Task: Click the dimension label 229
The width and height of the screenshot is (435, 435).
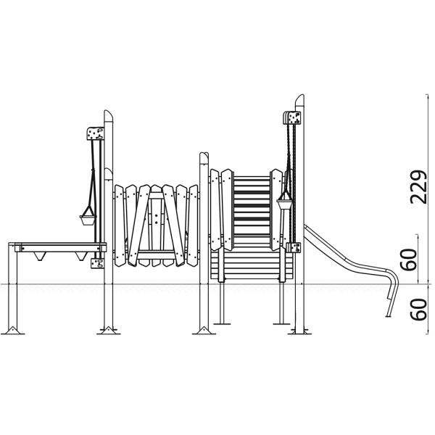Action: click(x=418, y=187)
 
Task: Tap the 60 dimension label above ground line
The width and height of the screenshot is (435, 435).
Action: click(x=410, y=260)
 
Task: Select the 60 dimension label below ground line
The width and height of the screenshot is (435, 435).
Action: click(x=418, y=310)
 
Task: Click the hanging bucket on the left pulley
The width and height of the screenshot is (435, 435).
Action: click(x=88, y=220)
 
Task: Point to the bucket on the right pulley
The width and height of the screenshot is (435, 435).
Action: click(x=285, y=204)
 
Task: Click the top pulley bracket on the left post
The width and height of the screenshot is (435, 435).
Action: click(x=96, y=133)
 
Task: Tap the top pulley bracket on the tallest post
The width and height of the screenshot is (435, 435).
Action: click(x=291, y=118)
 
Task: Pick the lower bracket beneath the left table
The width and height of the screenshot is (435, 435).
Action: click(x=98, y=263)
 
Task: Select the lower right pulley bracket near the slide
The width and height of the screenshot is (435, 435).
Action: click(x=294, y=247)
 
